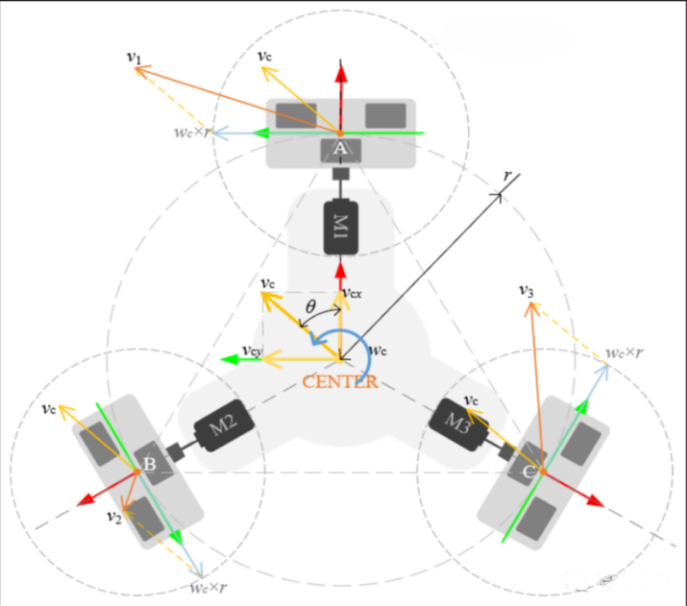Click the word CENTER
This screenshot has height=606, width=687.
(340, 381)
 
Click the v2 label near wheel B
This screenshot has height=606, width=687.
(113, 516)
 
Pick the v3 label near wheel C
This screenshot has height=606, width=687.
(526, 289)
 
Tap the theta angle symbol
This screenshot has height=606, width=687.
(310, 306)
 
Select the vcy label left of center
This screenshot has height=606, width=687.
(253, 351)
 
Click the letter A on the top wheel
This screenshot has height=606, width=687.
(340, 148)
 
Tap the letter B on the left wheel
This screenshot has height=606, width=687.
(149, 466)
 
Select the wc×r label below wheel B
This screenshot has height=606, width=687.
(209, 585)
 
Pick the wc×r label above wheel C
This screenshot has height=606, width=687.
(625, 352)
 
